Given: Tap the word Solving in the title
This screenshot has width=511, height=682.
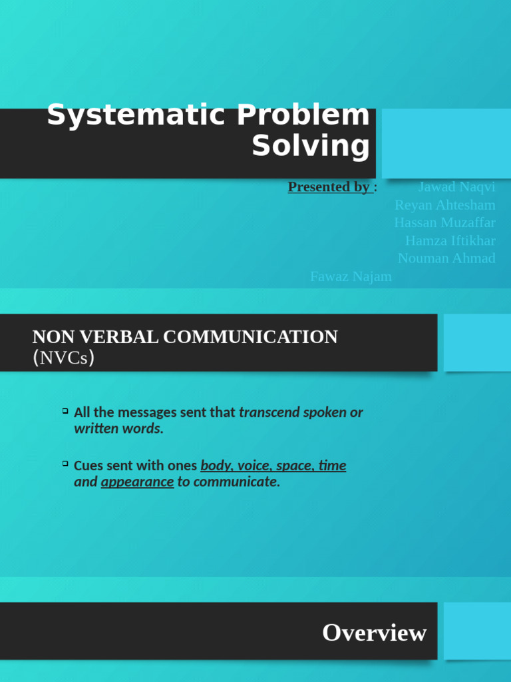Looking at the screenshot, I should point(310,146).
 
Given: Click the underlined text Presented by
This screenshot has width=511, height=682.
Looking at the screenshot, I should point(329,187).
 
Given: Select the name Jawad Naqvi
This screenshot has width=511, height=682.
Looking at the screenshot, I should point(456,187).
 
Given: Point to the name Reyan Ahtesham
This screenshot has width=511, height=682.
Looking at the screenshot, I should point(444,205).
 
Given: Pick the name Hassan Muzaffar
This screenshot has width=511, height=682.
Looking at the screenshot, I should point(444,222).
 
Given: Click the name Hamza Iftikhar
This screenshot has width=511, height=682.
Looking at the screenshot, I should point(450,240).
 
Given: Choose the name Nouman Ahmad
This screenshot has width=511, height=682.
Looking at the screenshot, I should point(446,258).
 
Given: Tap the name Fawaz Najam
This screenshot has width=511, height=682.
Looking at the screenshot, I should point(351,276).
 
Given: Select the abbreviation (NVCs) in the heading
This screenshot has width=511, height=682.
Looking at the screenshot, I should point(63,358).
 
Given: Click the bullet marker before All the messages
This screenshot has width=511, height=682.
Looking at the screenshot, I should point(65,410).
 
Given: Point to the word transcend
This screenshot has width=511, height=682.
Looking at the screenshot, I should point(269,412).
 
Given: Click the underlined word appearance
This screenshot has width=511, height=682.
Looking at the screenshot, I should point(137,482).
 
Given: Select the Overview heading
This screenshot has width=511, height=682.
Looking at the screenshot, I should point(374,633).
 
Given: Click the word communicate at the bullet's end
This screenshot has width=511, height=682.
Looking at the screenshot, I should point(236,482).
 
